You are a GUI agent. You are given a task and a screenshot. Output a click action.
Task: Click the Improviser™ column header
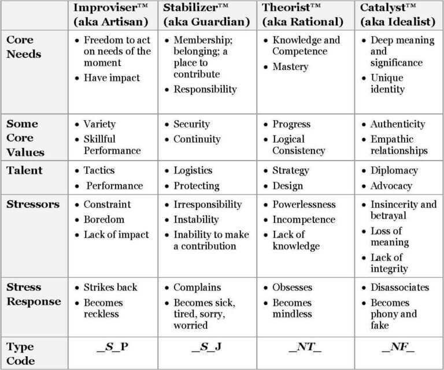113,15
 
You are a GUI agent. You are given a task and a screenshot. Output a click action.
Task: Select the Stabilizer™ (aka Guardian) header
206,15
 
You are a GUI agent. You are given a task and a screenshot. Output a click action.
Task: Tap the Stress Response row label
33,294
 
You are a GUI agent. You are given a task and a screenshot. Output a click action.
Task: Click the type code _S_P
113,347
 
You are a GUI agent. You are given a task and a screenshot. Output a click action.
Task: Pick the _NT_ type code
305,347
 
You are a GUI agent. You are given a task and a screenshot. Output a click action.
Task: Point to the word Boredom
104,219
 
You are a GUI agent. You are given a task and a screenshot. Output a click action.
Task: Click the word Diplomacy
394,171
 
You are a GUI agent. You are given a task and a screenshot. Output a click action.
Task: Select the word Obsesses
293,287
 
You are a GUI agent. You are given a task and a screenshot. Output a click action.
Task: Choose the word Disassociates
400,287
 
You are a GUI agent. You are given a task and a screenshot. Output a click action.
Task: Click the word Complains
197,287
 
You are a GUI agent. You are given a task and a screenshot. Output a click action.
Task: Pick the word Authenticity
398,124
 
